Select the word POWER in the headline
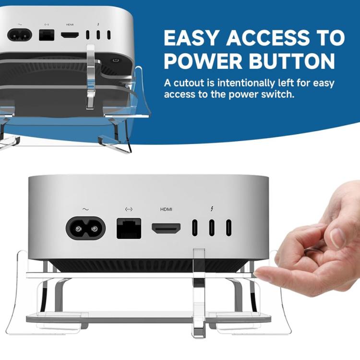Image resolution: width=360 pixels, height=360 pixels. (x=203, y=61)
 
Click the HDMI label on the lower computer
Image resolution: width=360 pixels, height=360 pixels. (x=166, y=209)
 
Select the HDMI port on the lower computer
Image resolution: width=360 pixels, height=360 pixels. (x=166, y=228)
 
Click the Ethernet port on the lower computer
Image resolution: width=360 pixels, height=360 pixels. (x=129, y=228)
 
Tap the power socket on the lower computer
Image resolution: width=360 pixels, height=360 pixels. (x=85, y=228)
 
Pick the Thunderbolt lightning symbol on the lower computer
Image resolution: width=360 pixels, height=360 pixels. (x=212, y=208)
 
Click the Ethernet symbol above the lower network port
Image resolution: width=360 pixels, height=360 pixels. (x=129, y=209)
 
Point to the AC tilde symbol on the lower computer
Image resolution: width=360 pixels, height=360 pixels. (x=85, y=209)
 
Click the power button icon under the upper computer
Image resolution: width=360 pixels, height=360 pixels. (x=116, y=60)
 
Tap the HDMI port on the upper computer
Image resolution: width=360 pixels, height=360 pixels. (x=70, y=35)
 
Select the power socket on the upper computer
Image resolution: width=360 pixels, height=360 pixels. (x=20, y=35)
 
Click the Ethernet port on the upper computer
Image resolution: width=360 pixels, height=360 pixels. (x=47, y=35)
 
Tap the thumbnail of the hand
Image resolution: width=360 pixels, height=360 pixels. (x=338, y=237)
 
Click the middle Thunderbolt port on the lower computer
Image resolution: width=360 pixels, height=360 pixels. (x=212, y=228)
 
